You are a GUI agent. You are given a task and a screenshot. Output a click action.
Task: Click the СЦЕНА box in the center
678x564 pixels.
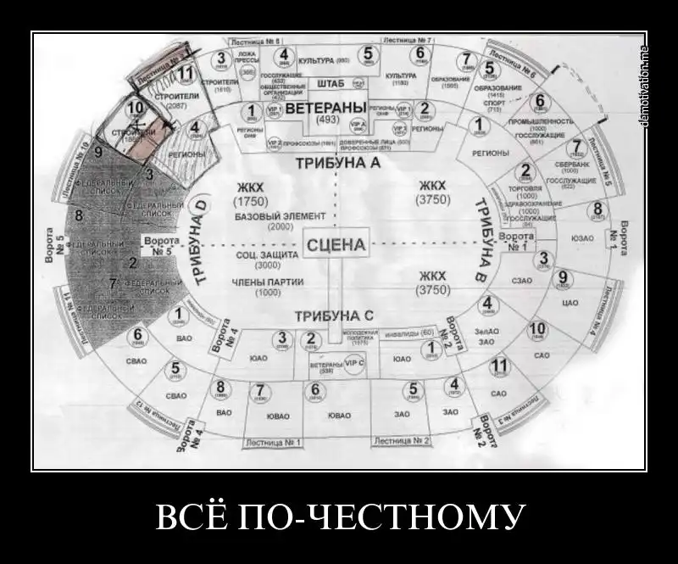click(336, 246)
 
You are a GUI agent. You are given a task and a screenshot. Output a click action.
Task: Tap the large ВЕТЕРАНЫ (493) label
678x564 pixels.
click(326, 109)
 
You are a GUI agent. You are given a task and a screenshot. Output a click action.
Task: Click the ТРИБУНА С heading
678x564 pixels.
click(334, 316)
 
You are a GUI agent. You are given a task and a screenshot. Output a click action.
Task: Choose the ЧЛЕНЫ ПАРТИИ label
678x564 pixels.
click(267, 282)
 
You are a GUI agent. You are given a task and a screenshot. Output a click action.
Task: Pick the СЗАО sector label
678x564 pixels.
click(522, 277)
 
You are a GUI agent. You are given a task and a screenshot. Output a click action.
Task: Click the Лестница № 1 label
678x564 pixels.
click(273, 443)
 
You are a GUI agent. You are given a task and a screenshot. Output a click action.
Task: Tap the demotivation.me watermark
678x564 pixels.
click(644, 85)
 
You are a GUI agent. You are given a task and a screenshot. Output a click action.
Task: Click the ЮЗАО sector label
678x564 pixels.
click(581, 238)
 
